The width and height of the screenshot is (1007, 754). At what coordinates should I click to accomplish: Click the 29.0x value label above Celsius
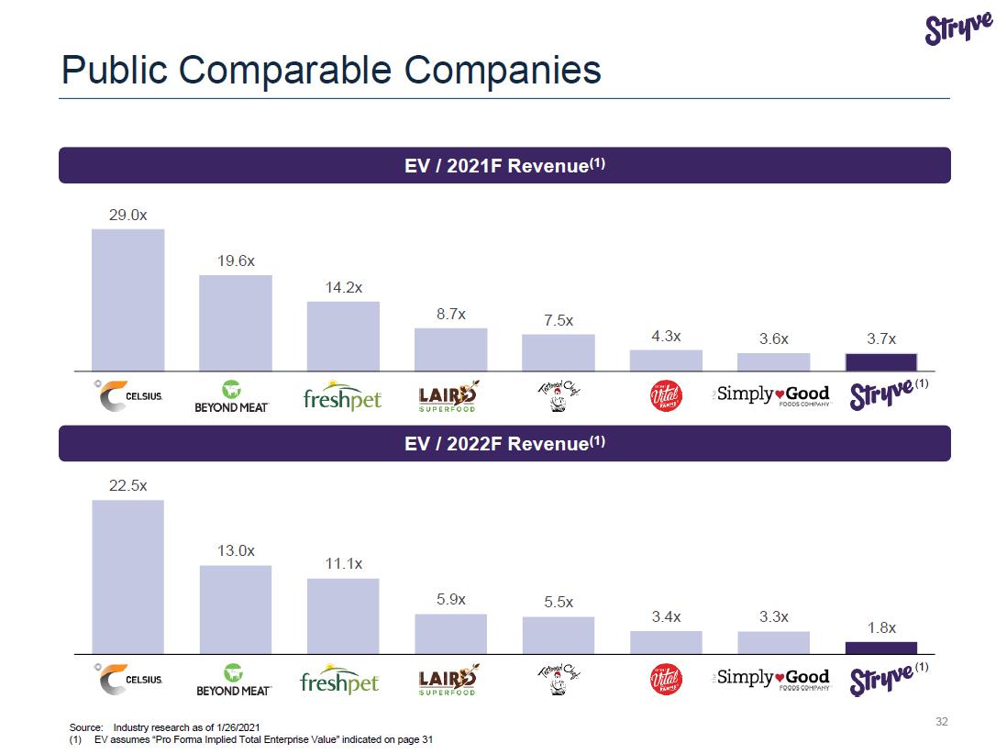click(127, 215)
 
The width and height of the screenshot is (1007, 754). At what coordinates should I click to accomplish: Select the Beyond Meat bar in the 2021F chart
click(236, 323)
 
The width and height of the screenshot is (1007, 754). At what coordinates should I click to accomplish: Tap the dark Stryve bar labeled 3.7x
click(880, 361)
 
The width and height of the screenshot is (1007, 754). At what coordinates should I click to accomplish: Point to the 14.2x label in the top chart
click(343, 287)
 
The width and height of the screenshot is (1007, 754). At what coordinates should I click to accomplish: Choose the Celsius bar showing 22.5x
click(127, 576)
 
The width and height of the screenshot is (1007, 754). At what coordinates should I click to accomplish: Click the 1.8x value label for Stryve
click(881, 627)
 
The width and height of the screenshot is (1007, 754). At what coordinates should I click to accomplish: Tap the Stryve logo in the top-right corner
click(958, 29)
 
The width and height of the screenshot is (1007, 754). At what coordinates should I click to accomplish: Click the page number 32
click(941, 722)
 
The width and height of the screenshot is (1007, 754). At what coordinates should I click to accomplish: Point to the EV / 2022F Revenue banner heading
click(504, 444)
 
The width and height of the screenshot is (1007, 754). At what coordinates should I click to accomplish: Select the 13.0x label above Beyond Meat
click(236, 551)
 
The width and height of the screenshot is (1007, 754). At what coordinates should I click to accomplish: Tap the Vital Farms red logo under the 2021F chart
click(666, 396)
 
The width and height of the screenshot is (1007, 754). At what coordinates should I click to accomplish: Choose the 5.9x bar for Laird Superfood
click(450, 633)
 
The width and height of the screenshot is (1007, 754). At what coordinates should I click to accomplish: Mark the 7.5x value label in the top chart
click(558, 320)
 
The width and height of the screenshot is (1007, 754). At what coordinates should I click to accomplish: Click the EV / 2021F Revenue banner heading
click(504, 166)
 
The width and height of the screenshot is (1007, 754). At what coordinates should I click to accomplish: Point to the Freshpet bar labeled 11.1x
click(343, 615)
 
